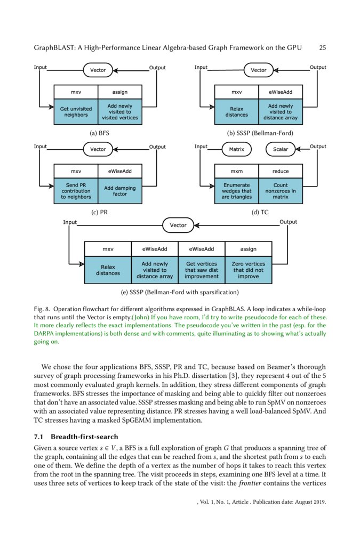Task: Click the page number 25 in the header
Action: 322,47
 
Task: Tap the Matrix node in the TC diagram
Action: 236,149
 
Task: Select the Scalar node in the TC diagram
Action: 281,149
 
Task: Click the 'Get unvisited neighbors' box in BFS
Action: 76,112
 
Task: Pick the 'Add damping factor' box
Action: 120,191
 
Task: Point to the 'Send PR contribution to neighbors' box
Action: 76,191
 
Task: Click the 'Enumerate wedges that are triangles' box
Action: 236,191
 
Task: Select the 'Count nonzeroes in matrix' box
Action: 281,191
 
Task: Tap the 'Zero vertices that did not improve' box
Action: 249,270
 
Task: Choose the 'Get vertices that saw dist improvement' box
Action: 201,270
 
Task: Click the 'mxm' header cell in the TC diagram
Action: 236,171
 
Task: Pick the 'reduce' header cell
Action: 281,171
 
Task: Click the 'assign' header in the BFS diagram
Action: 120,92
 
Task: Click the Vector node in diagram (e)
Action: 178,225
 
